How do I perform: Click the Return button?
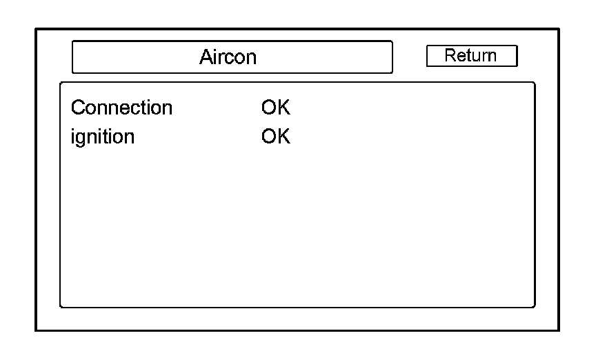471,56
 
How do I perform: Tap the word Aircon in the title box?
228,57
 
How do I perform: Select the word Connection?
121,108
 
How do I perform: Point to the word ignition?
103,137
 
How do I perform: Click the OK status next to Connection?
275,108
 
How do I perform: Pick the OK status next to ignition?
275,137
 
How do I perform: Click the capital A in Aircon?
206,57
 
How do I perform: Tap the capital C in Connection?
77,108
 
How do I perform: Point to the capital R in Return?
450,56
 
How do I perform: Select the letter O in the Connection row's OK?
269,108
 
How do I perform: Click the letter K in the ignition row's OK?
283,137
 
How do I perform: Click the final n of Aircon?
251,57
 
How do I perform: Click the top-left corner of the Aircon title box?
72,41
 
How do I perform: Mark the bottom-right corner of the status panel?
535,307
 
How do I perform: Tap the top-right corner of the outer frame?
559,29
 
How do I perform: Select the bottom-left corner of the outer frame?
36,330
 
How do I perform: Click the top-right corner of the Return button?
517,46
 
